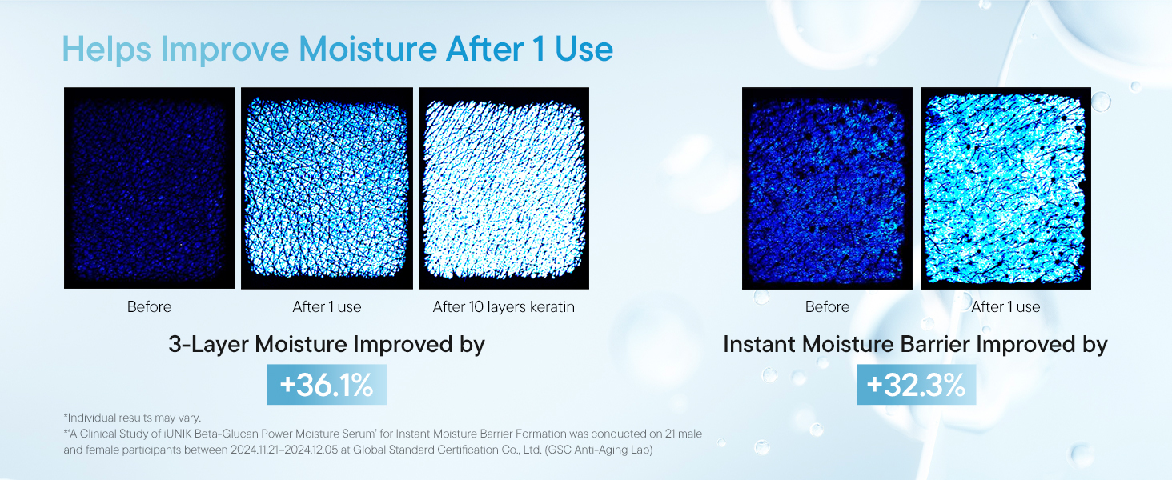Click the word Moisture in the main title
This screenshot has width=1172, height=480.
click(367, 49)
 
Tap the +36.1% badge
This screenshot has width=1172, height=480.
click(327, 384)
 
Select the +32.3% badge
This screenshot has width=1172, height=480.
click(916, 384)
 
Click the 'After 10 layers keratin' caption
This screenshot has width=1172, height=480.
click(504, 307)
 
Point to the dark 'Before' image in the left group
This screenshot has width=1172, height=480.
click(150, 188)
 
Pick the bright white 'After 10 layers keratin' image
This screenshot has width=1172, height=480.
click(504, 188)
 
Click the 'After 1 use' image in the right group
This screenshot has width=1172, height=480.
click(1005, 188)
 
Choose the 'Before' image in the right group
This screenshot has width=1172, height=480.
click(827, 188)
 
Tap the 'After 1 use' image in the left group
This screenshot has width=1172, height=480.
click(327, 188)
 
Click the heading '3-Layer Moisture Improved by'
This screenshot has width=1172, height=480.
click(327, 345)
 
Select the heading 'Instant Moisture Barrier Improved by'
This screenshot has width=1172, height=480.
click(915, 345)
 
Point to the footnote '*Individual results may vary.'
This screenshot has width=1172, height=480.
click(132, 418)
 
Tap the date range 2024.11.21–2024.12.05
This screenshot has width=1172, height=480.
click(284, 450)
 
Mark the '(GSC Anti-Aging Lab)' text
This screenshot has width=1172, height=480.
click(599, 450)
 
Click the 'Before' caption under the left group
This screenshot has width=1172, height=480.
click(149, 307)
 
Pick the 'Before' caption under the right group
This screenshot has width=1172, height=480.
click(827, 307)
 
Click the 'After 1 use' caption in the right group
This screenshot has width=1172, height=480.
click(1005, 307)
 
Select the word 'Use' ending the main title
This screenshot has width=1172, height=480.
click(584, 49)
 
